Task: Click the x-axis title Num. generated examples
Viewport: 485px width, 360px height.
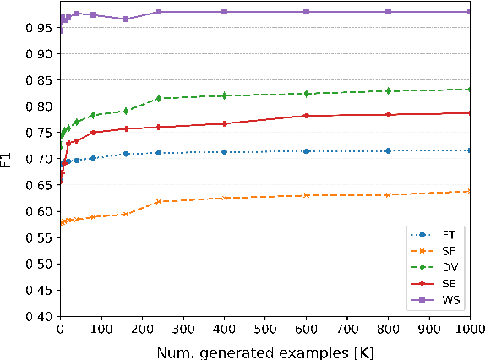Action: [x=264, y=349]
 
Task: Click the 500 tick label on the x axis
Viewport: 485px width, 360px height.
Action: [x=264, y=330]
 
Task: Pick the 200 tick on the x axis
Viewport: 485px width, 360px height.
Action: [x=141, y=330]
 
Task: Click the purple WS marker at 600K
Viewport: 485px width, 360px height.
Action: [x=306, y=12]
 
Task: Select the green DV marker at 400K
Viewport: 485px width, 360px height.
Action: [x=224, y=95]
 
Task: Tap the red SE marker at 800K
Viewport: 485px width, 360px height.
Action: [x=388, y=115]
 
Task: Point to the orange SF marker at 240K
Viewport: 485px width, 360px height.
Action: [x=158, y=201]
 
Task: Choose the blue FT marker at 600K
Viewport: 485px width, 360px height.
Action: [x=306, y=151]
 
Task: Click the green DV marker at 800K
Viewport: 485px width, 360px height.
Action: [x=388, y=90]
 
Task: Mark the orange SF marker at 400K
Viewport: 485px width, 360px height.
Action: [x=224, y=198]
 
